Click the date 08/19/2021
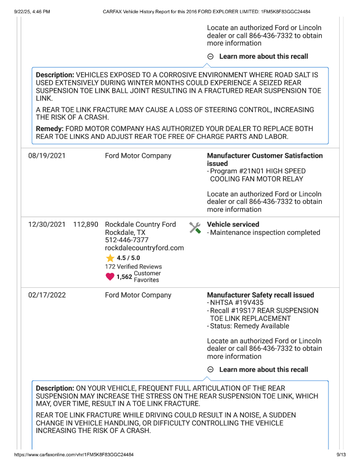(x=47, y=156)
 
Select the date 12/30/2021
(x=47, y=224)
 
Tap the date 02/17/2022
(x=47, y=295)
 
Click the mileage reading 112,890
(x=86, y=224)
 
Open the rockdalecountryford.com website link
(x=145, y=248)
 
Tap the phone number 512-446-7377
(x=127, y=240)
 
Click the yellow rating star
(x=110, y=258)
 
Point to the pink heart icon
(x=110, y=277)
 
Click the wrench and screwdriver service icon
(x=195, y=227)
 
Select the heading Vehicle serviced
(x=233, y=224)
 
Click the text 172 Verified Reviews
(x=133, y=266)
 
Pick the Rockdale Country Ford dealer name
(x=140, y=224)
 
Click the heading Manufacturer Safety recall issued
(x=261, y=295)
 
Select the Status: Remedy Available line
(x=249, y=326)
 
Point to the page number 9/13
(x=341, y=454)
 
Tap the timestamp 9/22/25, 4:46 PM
(x=32, y=12)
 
